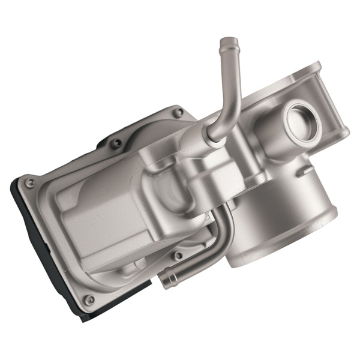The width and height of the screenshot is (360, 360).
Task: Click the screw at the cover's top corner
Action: click(x=178, y=112)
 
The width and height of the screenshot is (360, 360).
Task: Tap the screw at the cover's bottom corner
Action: click(x=89, y=299)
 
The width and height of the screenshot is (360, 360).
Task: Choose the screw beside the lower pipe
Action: click(x=178, y=256)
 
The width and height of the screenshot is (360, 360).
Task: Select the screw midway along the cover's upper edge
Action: click(x=118, y=143)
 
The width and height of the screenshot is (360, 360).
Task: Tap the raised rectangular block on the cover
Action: click(x=90, y=222)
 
